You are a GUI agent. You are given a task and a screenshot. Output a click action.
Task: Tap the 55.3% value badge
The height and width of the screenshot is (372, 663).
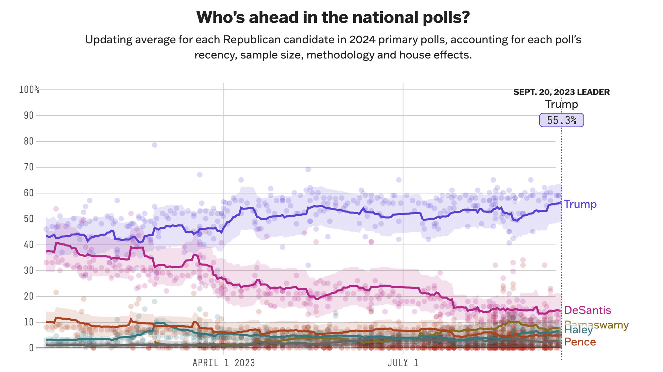click(561, 120)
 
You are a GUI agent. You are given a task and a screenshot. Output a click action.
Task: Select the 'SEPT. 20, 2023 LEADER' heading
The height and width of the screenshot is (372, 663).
click(561, 92)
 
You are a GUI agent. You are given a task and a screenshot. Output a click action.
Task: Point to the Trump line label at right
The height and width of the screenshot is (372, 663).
click(580, 204)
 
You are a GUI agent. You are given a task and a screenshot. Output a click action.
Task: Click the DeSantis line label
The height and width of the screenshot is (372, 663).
click(587, 310)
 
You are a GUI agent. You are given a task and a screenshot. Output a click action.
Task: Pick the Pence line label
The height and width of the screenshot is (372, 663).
click(580, 342)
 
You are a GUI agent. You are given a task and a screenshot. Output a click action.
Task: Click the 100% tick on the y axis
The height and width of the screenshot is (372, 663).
click(29, 90)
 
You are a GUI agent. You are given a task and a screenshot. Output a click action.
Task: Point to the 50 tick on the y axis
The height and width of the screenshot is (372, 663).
click(29, 219)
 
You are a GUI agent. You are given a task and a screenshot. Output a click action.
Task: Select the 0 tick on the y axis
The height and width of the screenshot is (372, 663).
click(31, 348)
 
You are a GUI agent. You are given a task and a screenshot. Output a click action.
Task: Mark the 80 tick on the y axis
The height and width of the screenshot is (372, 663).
click(29, 141)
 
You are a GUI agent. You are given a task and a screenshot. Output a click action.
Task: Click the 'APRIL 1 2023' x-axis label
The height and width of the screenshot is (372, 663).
click(224, 363)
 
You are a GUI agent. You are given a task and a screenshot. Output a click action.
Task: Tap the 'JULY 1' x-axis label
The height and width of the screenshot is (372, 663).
click(403, 363)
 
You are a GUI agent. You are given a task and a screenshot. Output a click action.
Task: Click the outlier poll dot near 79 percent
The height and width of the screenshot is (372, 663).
click(155, 145)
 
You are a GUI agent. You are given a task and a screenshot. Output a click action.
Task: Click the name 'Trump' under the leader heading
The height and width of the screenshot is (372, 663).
click(561, 104)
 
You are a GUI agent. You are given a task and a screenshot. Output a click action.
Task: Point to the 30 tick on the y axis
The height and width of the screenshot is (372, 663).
click(29, 271)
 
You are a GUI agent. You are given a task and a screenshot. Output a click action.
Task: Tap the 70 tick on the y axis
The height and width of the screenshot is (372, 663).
click(29, 167)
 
